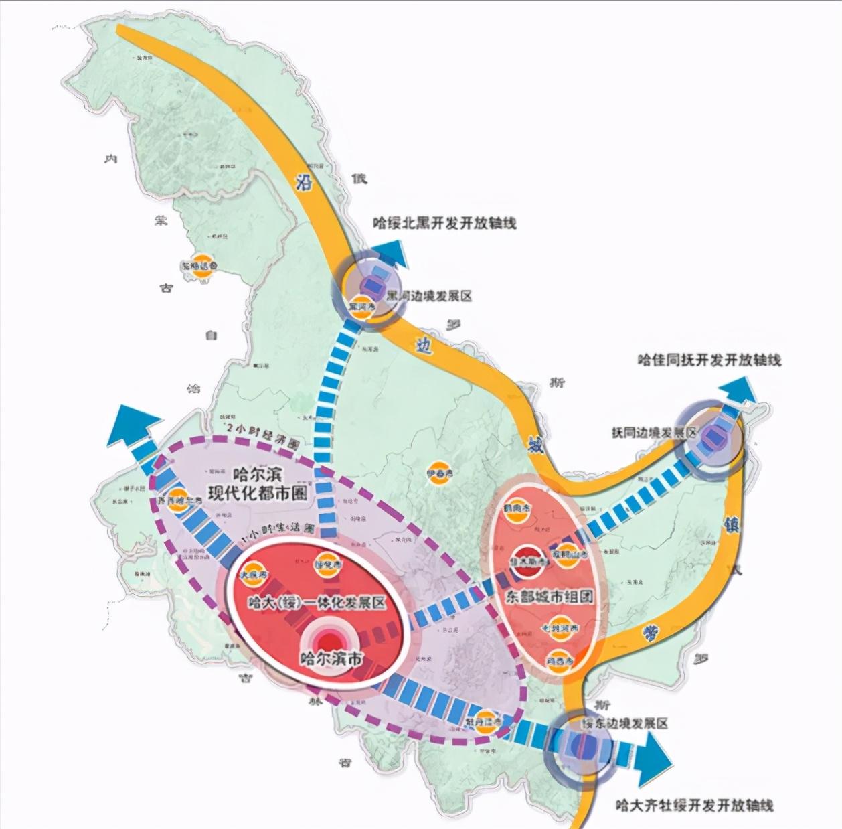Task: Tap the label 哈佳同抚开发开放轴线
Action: click(x=709, y=360)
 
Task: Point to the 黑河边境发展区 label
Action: click(x=429, y=295)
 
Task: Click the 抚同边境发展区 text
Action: click(x=654, y=433)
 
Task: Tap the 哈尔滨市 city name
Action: click(x=331, y=659)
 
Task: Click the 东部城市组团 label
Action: click(x=549, y=596)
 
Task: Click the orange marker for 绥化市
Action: click(x=327, y=564)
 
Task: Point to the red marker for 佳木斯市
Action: click(x=529, y=560)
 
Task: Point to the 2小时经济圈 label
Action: click(x=264, y=444)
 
